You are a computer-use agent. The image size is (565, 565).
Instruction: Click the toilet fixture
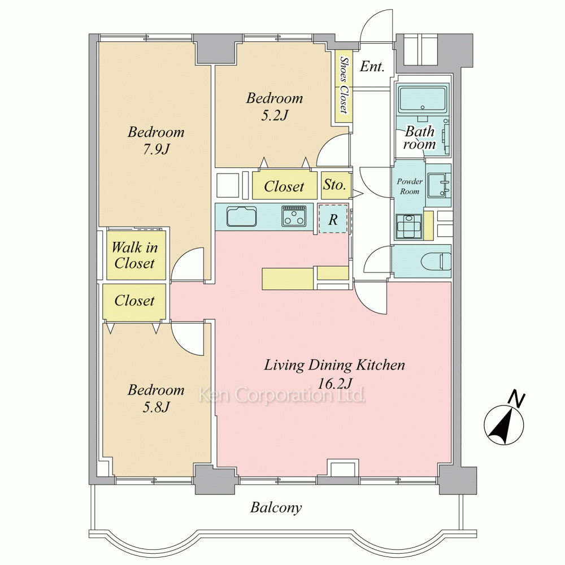[x=436, y=260]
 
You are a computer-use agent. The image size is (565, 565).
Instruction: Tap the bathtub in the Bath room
[x=422, y=99]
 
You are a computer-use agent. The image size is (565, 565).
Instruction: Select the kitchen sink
[x=241, y=216]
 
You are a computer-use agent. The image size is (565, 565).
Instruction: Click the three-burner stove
[x=294, y=216]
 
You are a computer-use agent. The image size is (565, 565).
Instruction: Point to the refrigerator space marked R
[x=333, y=219]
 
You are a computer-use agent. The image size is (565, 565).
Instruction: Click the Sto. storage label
[x=334, y=185]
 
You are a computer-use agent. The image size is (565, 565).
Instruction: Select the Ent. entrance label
[x=372, y=66]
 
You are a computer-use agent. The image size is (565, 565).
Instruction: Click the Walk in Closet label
[x=134, y=255]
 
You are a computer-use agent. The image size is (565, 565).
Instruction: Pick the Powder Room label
[x=410, y=186]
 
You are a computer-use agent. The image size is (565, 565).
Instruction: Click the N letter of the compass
[x=516, y=399]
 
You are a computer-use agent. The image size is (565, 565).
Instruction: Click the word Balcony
[x=276, y=508]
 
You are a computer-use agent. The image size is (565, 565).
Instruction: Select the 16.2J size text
[x=334, y=384]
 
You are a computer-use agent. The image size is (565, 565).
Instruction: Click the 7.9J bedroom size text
[x=156, y=149]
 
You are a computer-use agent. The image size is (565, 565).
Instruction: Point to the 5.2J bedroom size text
[x=275, y=115]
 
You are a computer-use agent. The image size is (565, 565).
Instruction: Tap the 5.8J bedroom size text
[x=156, y=407]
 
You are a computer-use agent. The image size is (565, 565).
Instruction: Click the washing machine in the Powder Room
[x=409, y=227]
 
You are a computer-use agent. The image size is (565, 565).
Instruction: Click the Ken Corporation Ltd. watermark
[x=282, y=395]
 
